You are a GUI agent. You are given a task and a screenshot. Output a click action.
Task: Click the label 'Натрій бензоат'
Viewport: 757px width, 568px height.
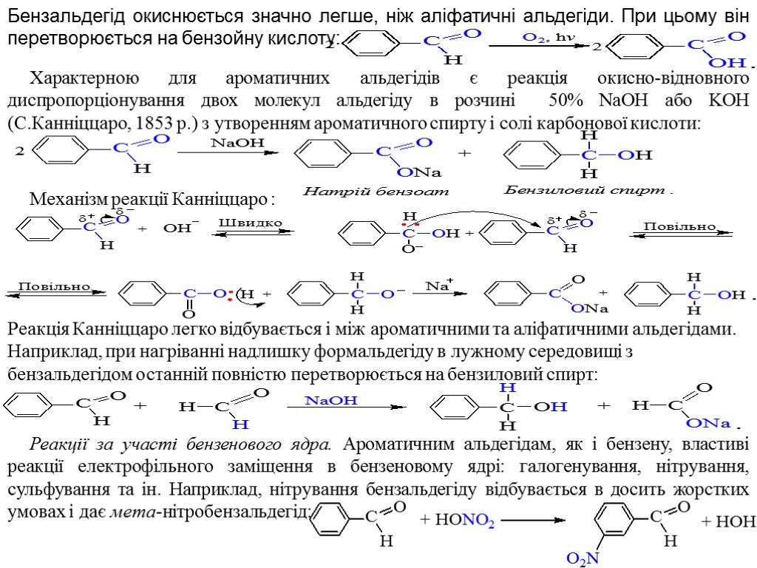(376, 192)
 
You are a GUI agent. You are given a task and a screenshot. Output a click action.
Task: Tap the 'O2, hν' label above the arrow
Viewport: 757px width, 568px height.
(549, 37)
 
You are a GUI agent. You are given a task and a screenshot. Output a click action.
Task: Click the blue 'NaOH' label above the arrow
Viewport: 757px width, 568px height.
(331, 400)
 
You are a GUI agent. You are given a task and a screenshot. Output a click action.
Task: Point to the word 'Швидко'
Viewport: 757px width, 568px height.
(250, 222)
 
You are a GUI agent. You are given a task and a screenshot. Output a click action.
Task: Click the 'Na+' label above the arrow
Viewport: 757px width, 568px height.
(438, 285)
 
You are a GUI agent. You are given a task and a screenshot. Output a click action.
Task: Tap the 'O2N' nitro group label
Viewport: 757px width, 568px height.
(583, 558)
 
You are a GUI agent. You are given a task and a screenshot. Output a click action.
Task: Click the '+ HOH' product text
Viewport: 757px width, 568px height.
(728, 521)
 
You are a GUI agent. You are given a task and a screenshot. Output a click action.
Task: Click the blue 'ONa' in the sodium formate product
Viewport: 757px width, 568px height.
(708, 423)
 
